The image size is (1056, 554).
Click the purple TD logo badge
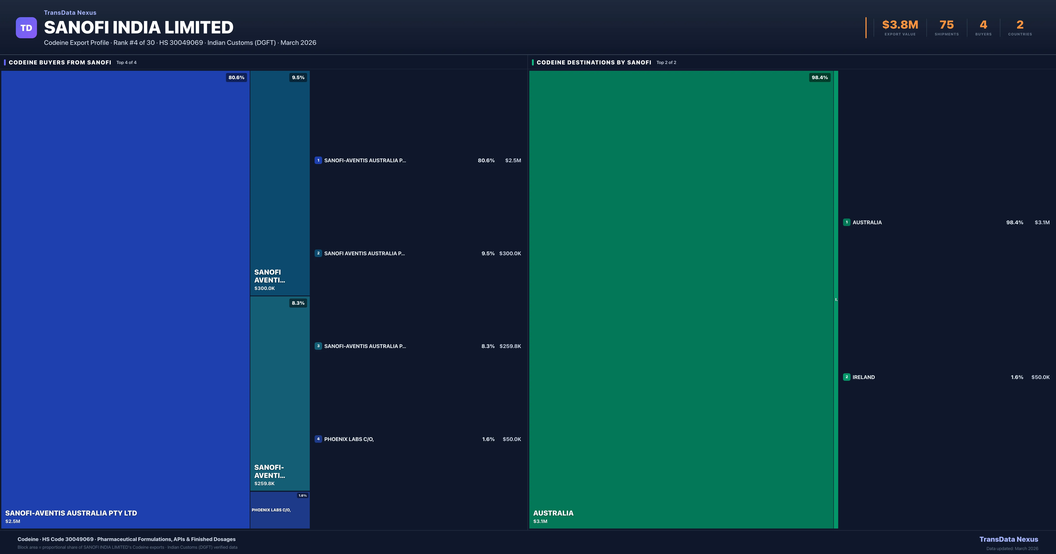pos(26,28)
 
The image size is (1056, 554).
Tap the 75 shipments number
pos(946,25)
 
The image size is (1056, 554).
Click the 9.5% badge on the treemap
pos(298,77)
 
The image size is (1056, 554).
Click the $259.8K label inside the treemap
pos(264,483)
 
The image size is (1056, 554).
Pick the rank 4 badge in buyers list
pos(318,439)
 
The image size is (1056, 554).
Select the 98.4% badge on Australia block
pos(819,77)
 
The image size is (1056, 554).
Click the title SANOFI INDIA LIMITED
pos(139,27)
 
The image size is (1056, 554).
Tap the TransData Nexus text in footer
pos(1008,539)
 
